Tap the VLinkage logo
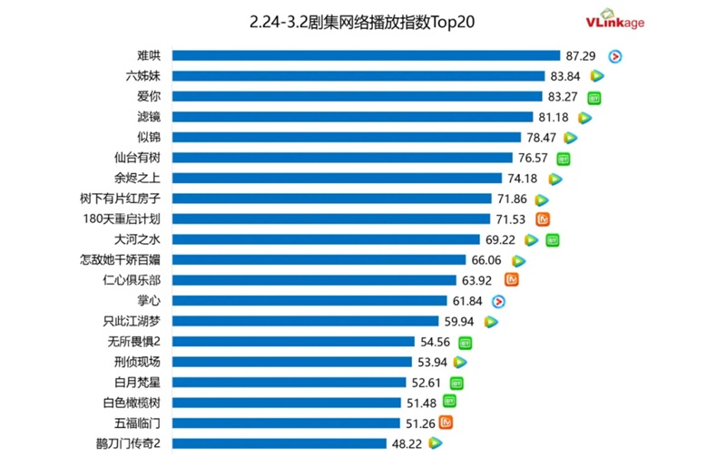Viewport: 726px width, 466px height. (614, 21)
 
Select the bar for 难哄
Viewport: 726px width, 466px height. (366, 56)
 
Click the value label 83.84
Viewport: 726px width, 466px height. (566, 76)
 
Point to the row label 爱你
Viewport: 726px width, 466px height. (147, 96)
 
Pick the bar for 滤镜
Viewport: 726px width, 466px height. (352, 117)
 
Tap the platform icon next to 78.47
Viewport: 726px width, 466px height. (570, 138)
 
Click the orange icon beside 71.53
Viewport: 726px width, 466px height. (544, 219)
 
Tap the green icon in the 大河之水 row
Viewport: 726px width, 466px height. (552, 240)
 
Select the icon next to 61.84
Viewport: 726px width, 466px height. (498, 301)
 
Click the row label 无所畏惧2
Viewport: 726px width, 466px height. (133, 342)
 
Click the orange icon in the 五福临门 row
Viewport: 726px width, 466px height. (446, 422)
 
